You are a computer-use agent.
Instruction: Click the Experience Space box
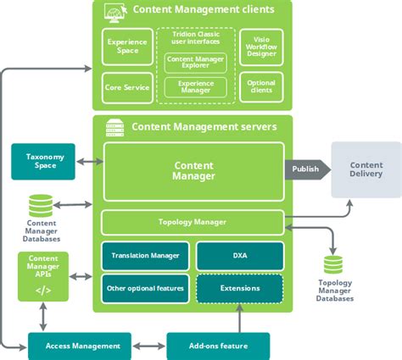(127, 47)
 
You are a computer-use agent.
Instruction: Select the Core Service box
(127, 88)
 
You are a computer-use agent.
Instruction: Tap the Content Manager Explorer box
(195, 63)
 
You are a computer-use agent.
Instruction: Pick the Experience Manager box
(195, 87)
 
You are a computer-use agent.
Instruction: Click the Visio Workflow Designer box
(261, 47)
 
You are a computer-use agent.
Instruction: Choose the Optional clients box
(261, 86)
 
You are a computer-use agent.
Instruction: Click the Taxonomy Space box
(43, 162)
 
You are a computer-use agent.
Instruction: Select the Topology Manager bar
(193, 222)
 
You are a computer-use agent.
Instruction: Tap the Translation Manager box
(145, 256)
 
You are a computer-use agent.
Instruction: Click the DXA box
(240, 256)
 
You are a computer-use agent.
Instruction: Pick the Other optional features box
(145, 289)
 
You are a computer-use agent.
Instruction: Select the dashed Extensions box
(240, 289)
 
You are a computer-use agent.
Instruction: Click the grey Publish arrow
(307, 169)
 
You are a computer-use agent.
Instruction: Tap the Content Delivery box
(366, 169)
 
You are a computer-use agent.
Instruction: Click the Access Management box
(80, 346)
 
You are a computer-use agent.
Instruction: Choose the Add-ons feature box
(218, 346)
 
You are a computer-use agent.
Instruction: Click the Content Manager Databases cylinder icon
(41, 206)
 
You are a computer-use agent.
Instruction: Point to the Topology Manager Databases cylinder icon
(333, 265)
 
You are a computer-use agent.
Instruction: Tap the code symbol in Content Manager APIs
(43, 291)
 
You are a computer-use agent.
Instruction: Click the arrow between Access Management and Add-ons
(149, 346)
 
